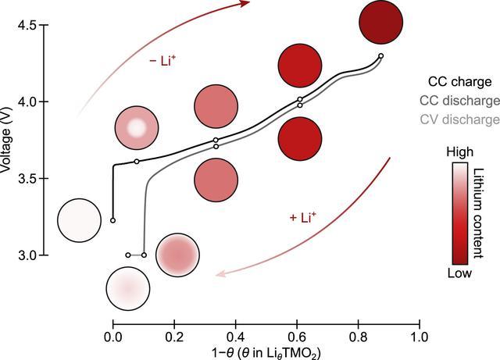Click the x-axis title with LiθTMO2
tap(266, 352)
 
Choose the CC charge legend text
tap(459, 81)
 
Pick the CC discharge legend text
tap(459, 101)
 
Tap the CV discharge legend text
tap(459, 119)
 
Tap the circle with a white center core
tap(137, 126)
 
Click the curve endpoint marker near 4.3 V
tap(380, 55)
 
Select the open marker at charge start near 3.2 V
tap(113, 220)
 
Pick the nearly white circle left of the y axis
tap(79, 220)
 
